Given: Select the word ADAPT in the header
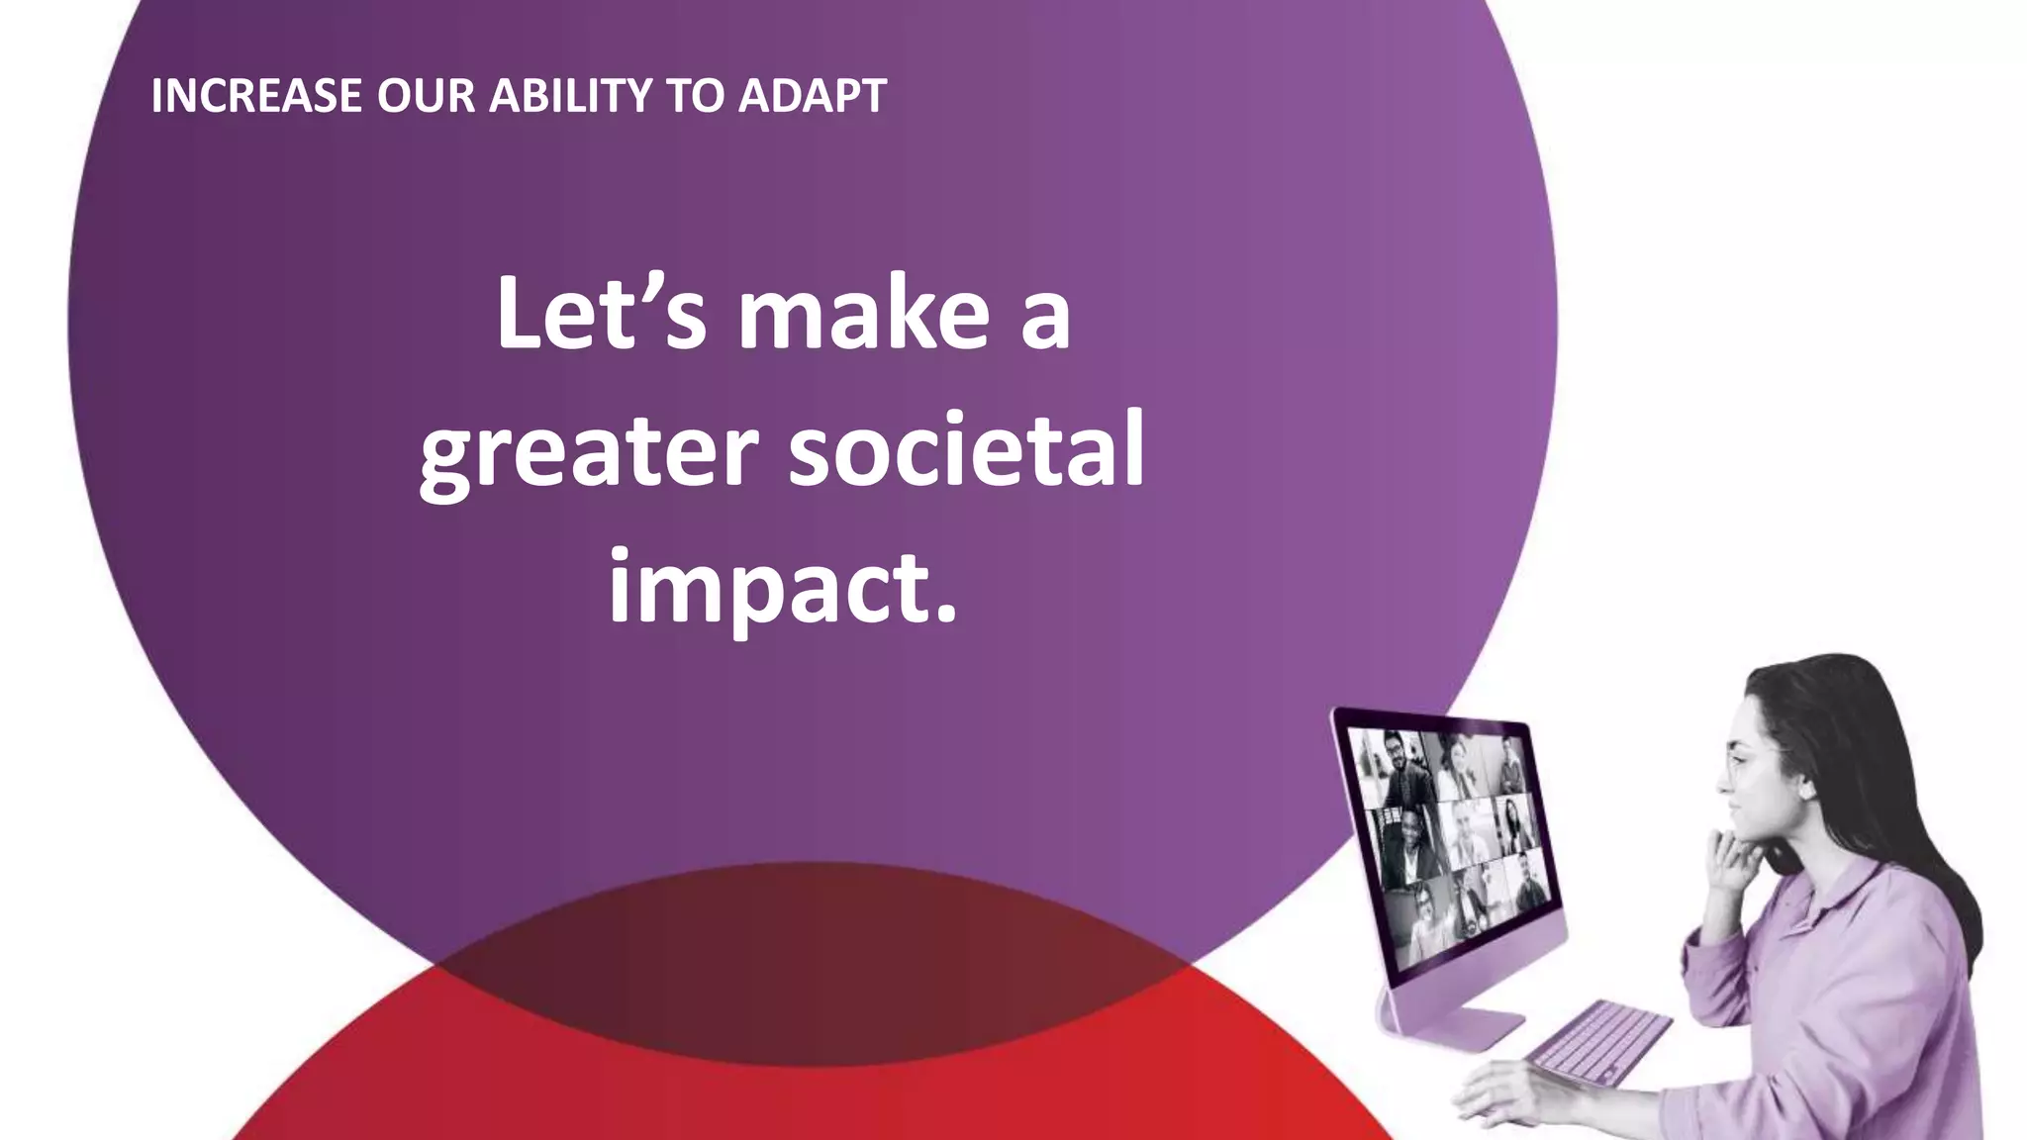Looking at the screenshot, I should (812, 96).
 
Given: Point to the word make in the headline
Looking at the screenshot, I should (863, 314).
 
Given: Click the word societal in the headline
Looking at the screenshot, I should (966, 451).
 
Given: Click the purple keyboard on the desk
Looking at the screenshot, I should (1596, 1041).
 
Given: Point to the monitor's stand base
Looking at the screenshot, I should (1455, 1029).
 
